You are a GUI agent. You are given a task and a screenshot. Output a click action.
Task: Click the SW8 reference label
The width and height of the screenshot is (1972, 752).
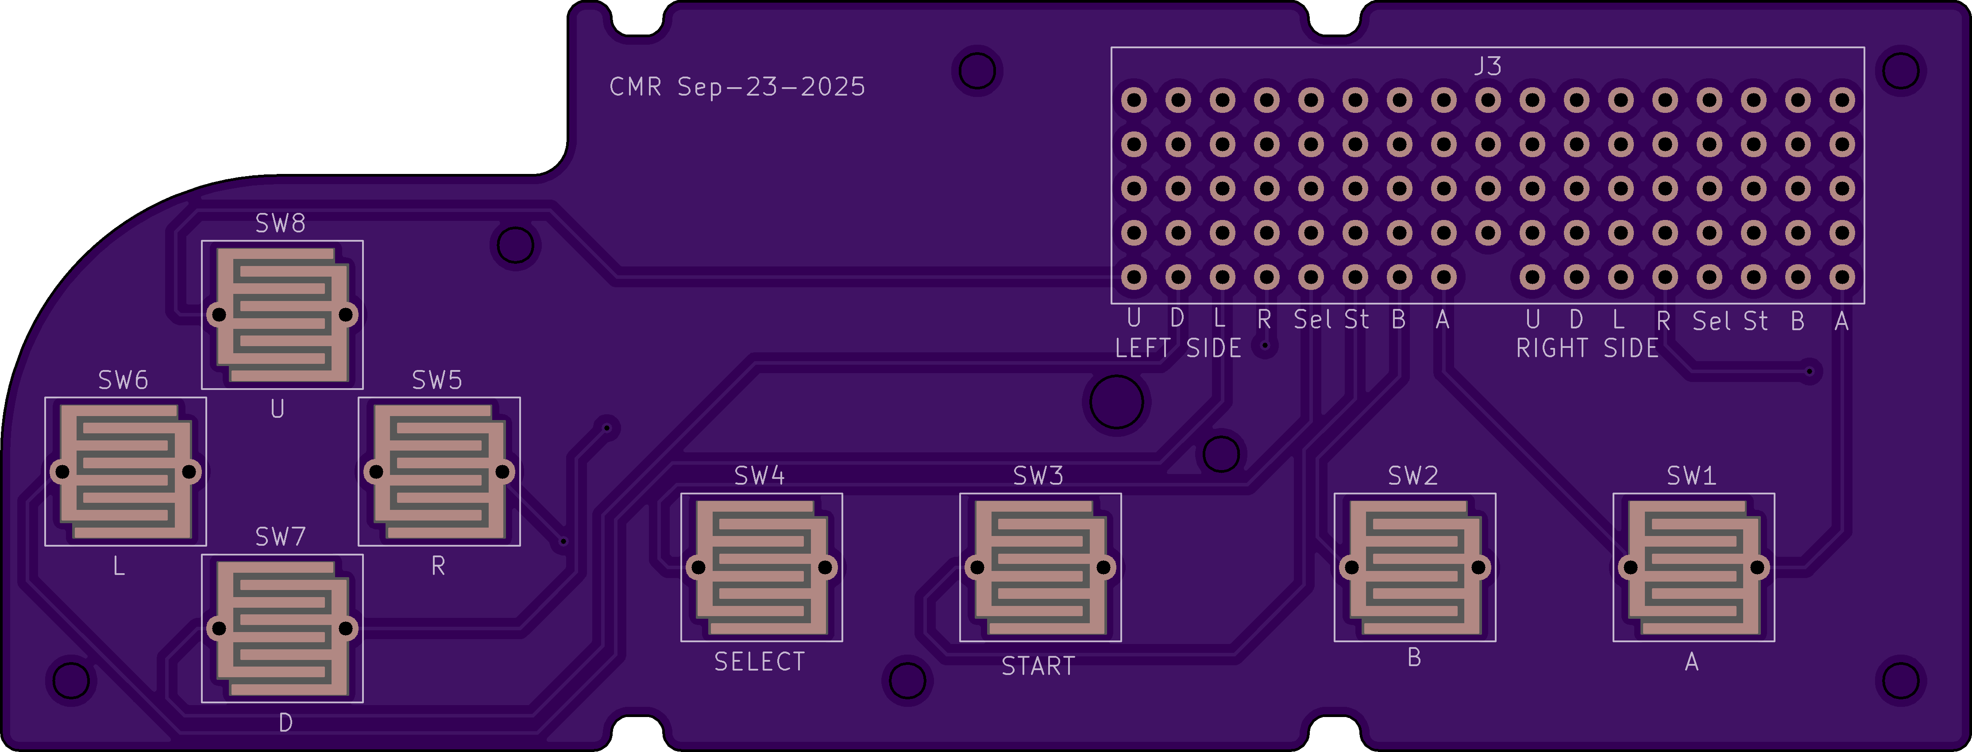pos(280,224)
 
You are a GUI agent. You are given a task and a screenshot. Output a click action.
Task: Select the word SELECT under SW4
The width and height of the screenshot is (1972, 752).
pos(760,662)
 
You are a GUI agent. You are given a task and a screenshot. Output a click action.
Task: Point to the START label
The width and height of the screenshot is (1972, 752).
pos(1038,666)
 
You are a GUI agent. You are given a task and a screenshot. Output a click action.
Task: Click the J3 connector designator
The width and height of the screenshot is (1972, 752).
pos(1487,67)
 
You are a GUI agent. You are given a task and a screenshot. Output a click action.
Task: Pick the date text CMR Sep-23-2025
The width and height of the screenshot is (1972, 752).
pos(737,87)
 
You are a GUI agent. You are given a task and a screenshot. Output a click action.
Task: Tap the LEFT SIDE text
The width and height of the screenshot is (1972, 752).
pos(1177,348)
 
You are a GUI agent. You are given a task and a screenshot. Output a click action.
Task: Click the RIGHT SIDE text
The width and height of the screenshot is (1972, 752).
pos(1587,348)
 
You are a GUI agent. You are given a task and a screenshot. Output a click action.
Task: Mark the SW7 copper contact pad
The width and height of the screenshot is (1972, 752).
pos(282,629)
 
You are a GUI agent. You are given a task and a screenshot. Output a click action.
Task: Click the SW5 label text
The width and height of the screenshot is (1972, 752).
pos(437,381)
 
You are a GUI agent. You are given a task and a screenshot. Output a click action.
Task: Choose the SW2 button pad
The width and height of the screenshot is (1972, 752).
pos(1415,567)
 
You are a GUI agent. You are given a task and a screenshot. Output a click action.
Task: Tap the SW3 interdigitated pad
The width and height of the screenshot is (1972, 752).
pos(1040,567)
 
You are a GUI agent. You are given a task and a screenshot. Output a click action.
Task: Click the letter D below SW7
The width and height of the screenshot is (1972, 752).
pos(286,723)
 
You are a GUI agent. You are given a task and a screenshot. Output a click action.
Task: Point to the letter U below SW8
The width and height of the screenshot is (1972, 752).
pos(277,410)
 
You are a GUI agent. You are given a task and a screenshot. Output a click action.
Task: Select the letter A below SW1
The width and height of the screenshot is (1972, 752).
pos(1692,662)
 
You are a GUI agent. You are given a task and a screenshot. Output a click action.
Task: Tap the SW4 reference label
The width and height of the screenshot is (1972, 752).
pos(760,476)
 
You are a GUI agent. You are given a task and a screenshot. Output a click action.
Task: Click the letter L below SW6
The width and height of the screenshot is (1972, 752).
pos(119,567)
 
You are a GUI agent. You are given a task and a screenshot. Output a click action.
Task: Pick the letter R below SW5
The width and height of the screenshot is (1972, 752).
pos(438,567)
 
